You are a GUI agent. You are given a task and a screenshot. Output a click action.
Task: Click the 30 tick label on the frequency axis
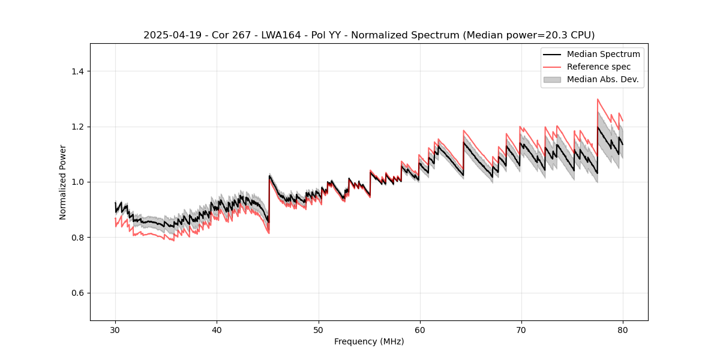pos(115,330)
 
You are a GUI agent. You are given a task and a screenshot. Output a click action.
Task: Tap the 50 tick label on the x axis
pos(318,330)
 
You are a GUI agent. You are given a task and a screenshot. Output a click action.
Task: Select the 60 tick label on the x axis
pos(419,330)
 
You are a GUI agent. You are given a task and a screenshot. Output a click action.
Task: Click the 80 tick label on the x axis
pos(622,330)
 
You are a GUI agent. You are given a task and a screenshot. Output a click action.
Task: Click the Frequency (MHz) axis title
pos(369,341)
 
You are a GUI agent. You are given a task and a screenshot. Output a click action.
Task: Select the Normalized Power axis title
pos(63,182)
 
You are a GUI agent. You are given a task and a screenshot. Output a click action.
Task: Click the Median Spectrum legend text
pos(603,54)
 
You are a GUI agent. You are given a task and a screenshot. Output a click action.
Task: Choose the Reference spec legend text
pos(599,67)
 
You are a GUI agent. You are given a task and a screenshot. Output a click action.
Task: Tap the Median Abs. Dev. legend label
pos(602,79)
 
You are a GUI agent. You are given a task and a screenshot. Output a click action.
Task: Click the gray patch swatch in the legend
pos(552,79)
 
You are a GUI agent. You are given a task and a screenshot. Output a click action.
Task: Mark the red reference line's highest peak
pos(598,99)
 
